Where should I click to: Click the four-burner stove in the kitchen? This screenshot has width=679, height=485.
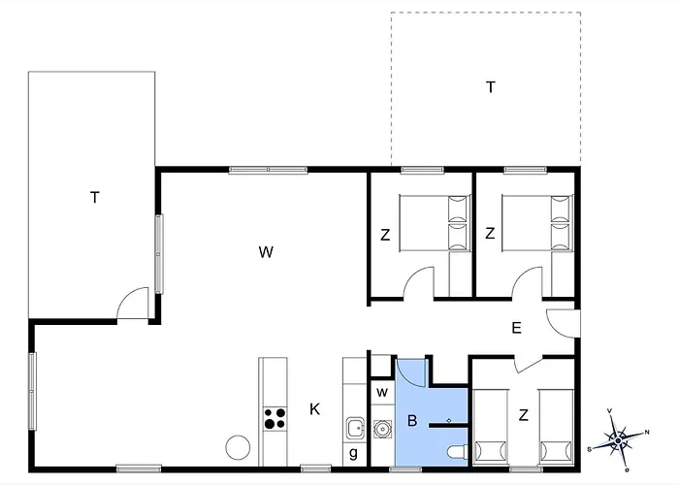coord(275,418)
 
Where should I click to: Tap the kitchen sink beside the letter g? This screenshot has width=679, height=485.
coord(355,429)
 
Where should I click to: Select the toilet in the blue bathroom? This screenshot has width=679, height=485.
coord(457,453)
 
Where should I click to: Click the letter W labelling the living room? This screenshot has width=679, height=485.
coord(266,252)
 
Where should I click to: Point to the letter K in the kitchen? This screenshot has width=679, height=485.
coord(315,408)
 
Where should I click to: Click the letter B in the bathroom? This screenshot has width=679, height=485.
coord(412,420)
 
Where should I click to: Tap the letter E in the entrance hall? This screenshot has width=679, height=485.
coord(516,328)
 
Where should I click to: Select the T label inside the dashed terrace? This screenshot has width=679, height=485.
coord(490,87)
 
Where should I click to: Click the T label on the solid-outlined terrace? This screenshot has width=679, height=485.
coord(95,198)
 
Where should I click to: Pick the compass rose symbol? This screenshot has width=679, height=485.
coord(618,439)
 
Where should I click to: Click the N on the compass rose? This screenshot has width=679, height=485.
coord(647,432)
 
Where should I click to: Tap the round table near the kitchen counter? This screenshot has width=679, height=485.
coord(238,447)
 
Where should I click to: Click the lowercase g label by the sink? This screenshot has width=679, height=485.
coord(353,453)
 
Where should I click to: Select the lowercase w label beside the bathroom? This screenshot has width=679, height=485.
coord(382,392)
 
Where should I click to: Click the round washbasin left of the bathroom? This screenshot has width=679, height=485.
coord(382,429)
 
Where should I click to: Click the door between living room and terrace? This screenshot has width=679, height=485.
coord(133,303)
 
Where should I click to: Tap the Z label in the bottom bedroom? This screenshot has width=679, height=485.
coord(523,415)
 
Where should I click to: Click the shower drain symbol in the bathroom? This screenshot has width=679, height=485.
coord(448,420)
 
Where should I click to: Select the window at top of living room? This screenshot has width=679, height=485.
coord(268,170)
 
